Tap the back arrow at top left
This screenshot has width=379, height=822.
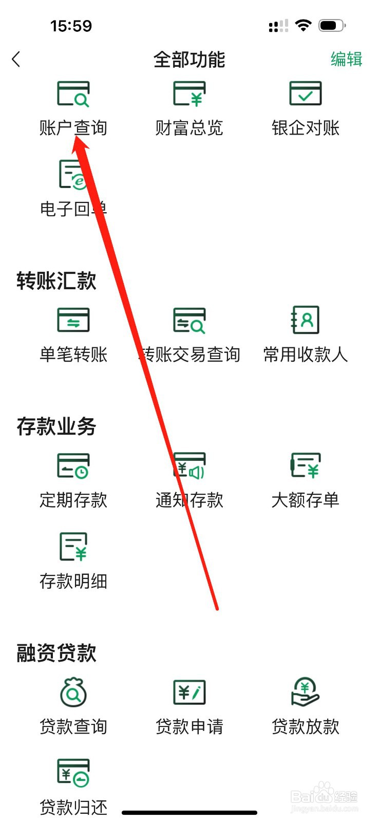pyautogui.click(x=16, y=60)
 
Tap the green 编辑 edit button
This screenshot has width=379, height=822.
pyautogui.click(x=346, y=59)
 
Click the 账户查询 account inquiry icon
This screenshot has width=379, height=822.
pyautogui.click(x=73, y=94)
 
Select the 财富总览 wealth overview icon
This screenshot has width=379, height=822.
pyautogui.click(x=189, y=94)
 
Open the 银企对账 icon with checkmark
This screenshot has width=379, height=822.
pyautogui.click(x=306, y=94)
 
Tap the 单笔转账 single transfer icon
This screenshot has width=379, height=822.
pyautogui.click(x=73, y=320)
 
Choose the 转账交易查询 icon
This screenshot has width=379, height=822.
pyautogui.click(x=189, y=320)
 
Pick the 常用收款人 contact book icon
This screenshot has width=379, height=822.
pyautogui.click(x=306, y=320)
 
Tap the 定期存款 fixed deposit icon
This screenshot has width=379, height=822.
pyautogui.click(x=73, y=465)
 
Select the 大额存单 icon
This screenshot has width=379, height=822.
pyautogui.click(x=306, y=465)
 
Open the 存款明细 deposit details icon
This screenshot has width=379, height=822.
pyautogui.click(x=73, y=546)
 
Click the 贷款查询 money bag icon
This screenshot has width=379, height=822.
pyautogui.click(x=73, y=692)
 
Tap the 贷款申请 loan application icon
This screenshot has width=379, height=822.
pyautogui.click(x=189, y=692)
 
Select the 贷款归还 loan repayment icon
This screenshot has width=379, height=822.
pyautogui.click(x=73, y=773)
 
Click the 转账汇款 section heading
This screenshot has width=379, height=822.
pyautogui.click(x=56, y=281)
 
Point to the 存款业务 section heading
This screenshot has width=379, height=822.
pyautogui.click(x=56, y=426)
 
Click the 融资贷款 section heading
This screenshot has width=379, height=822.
pyautogui.click(x=56, y=653)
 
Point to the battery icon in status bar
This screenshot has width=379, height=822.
pyautogui.click(x=331, y=26)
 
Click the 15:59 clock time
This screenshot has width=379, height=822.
pyautogui.click(x=71, y=26)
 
